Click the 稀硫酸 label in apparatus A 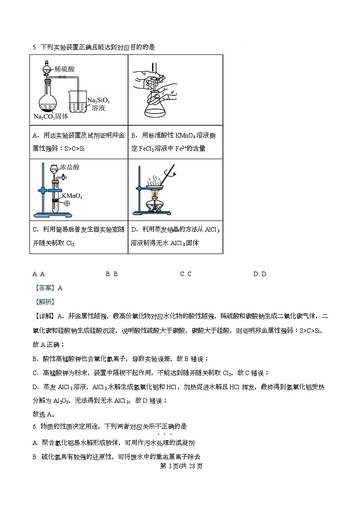[64, 69]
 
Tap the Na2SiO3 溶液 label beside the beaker [99, 104]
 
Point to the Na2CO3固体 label [51, 116]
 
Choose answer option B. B [112, 274]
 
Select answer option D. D [260, 274]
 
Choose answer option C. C [186, 274]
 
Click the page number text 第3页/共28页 [180, 466]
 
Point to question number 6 [34, 426]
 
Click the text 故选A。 [44, 414]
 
